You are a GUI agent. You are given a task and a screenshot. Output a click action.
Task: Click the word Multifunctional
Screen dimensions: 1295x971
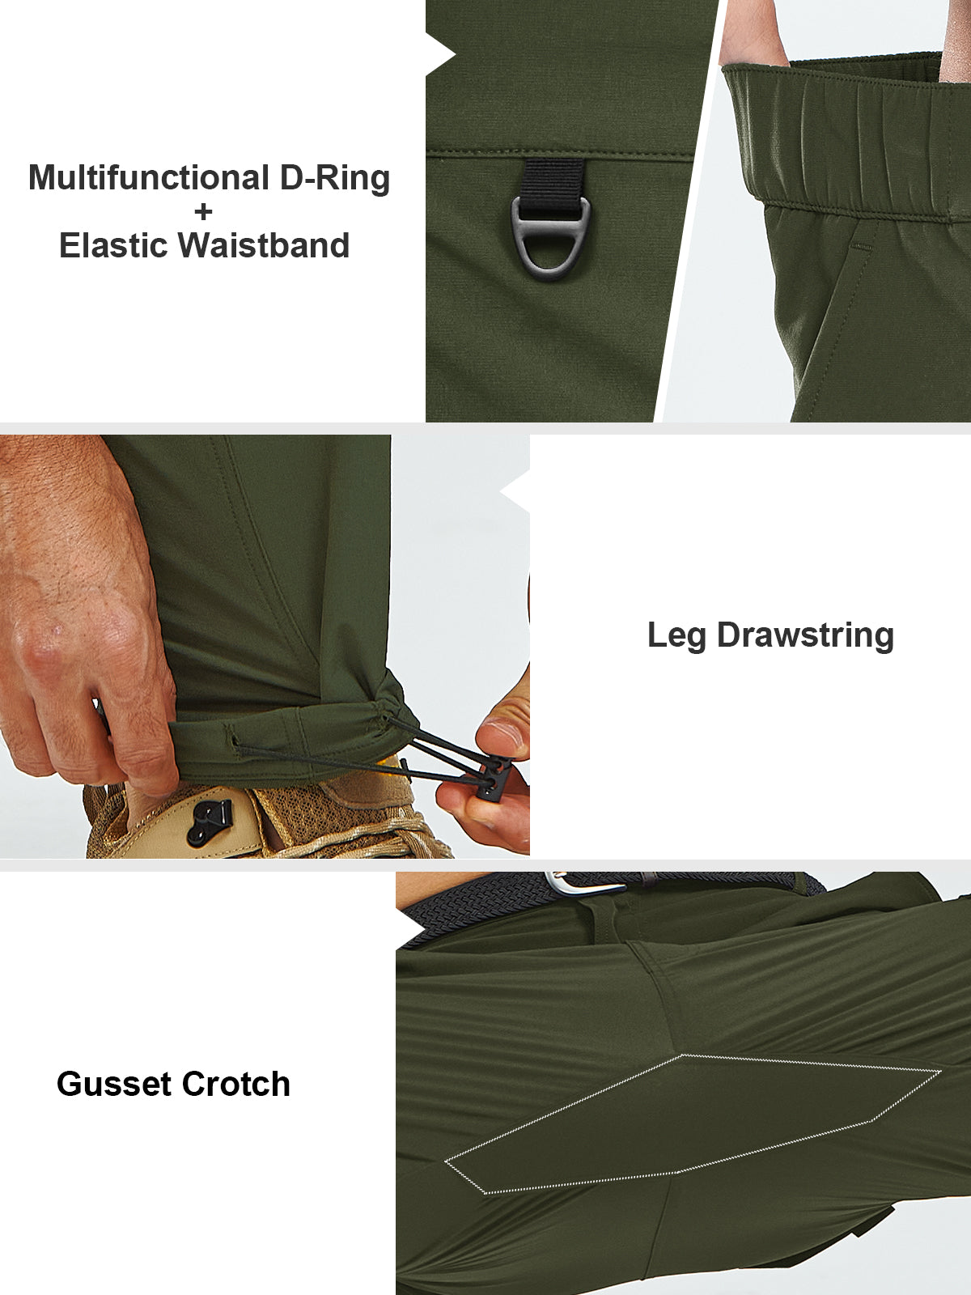pyautogui.click(x=149, y=177)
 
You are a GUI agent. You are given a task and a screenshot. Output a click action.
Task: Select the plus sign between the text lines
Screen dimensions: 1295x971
pyautogui.click(x=203, y=212)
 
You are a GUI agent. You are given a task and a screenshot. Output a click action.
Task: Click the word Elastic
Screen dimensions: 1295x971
pyautogui.click(x=113, y=245)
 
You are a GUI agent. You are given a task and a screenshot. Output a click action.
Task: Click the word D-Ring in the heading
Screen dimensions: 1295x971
pyautogui.click(x=335, y=177)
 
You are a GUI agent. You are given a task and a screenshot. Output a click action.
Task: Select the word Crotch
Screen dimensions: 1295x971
pyautogui.click(x=235, y=1085)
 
